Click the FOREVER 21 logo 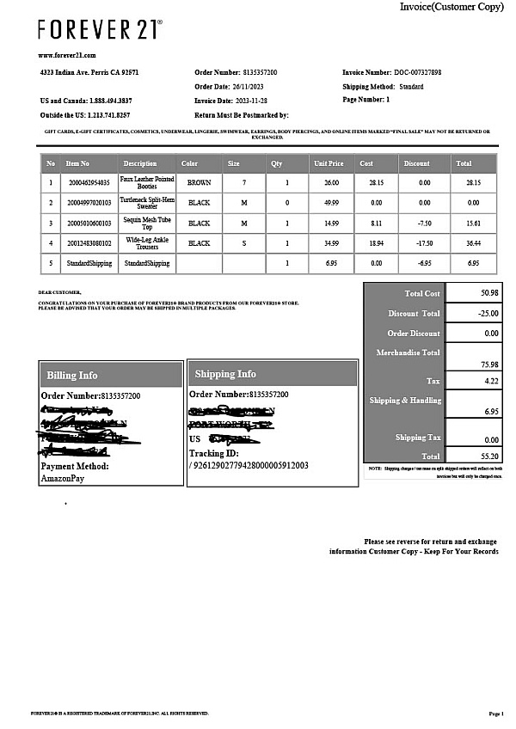click(99, 29)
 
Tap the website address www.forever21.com click(67, 55)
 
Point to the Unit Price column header click(329, 163)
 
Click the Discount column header click(416, 163)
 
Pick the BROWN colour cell click(199, 183)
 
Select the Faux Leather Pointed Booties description click(146, 183)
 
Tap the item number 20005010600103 click(89, 223)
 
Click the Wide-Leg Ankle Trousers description click(146, 243)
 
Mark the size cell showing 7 click(244, 183)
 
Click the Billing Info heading click(72, 375)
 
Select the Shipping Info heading click(225, 374)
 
